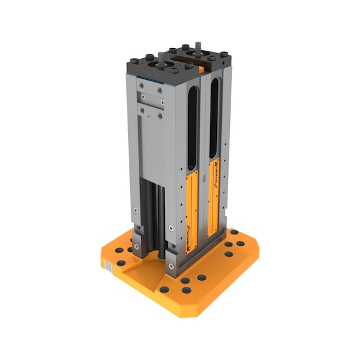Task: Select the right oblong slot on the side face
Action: pos(214,116)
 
